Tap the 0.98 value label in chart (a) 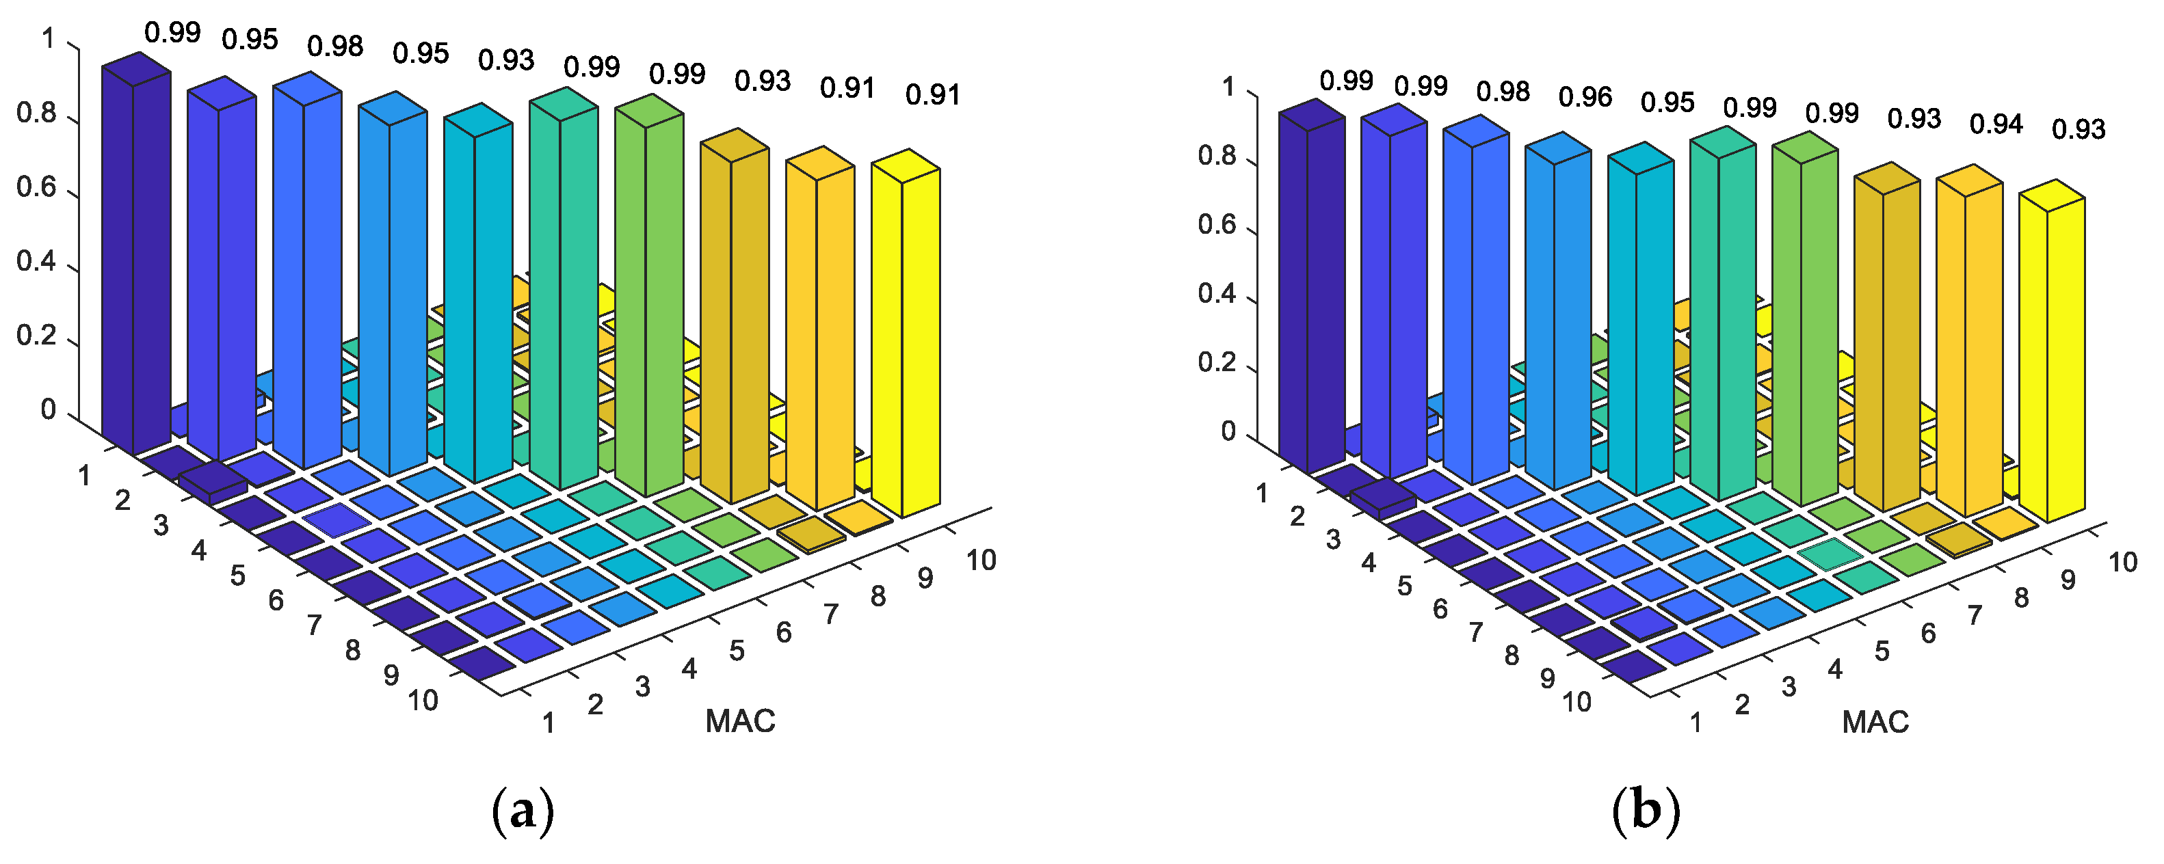coord(335,46)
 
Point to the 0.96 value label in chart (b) coord(1585,97)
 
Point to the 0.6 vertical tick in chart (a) coord(36,187)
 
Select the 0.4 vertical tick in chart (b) coord(1217,294)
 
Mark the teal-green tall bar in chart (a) coord(563,294)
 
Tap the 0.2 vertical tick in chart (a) coord(36,336)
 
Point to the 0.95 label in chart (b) coord(1667,103)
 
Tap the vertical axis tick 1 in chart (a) coord(48,40)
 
